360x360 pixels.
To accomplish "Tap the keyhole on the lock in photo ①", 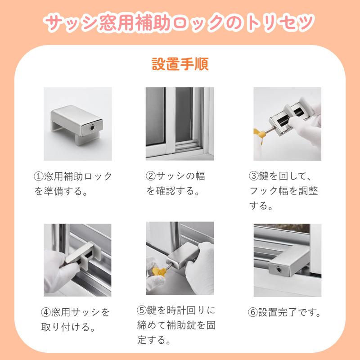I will (92, 128).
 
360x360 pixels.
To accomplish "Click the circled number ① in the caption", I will (39, 176).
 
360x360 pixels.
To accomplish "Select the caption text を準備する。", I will (61, 191).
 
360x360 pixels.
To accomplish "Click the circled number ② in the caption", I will (151, 176).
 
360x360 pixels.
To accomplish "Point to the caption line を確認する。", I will (173, 191).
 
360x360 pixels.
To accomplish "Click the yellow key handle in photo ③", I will (258, 134).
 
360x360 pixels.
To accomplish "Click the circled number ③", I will (254, 176).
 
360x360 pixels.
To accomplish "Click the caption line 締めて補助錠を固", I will (176, 325).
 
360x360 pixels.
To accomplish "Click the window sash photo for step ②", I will (180, 124).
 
